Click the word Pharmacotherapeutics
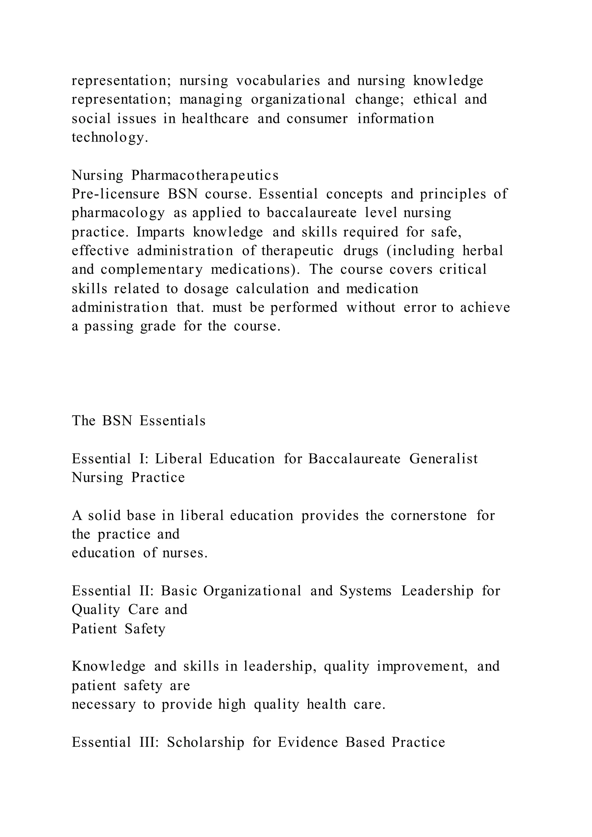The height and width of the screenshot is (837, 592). tap(205, 175)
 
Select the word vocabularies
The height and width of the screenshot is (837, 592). tap(278, 81)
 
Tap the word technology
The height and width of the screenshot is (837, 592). tap(110, 138)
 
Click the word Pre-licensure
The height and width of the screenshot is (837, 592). tap(116, 194)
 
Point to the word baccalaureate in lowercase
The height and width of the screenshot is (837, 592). tap(312, 213)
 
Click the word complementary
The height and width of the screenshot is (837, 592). tap(151, 270)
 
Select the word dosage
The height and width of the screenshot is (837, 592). tap(206, 289)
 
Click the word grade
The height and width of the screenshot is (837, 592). tap(158, 326)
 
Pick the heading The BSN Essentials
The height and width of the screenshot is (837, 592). tap(138, 421)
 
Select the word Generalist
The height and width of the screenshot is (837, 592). tap(443, 459)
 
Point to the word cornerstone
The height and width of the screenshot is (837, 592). tap(429, 516)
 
